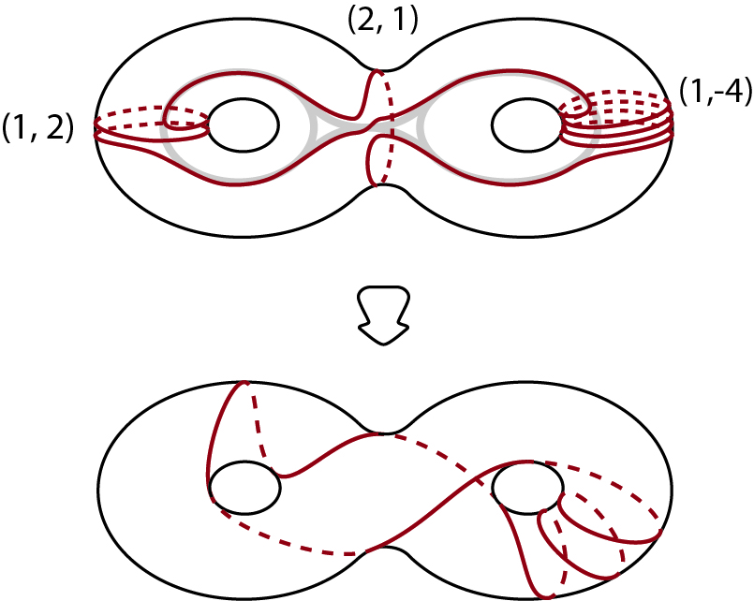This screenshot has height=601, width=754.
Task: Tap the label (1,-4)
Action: pyautogui.click(x=709, y=95)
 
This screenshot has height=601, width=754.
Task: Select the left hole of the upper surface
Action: pyautogui.click(x=243, y=125)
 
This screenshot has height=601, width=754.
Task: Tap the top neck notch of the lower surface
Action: pyautogui.click(x=382, y=432)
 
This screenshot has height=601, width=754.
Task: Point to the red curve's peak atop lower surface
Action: pyautogui.click(x=244, y=383)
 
